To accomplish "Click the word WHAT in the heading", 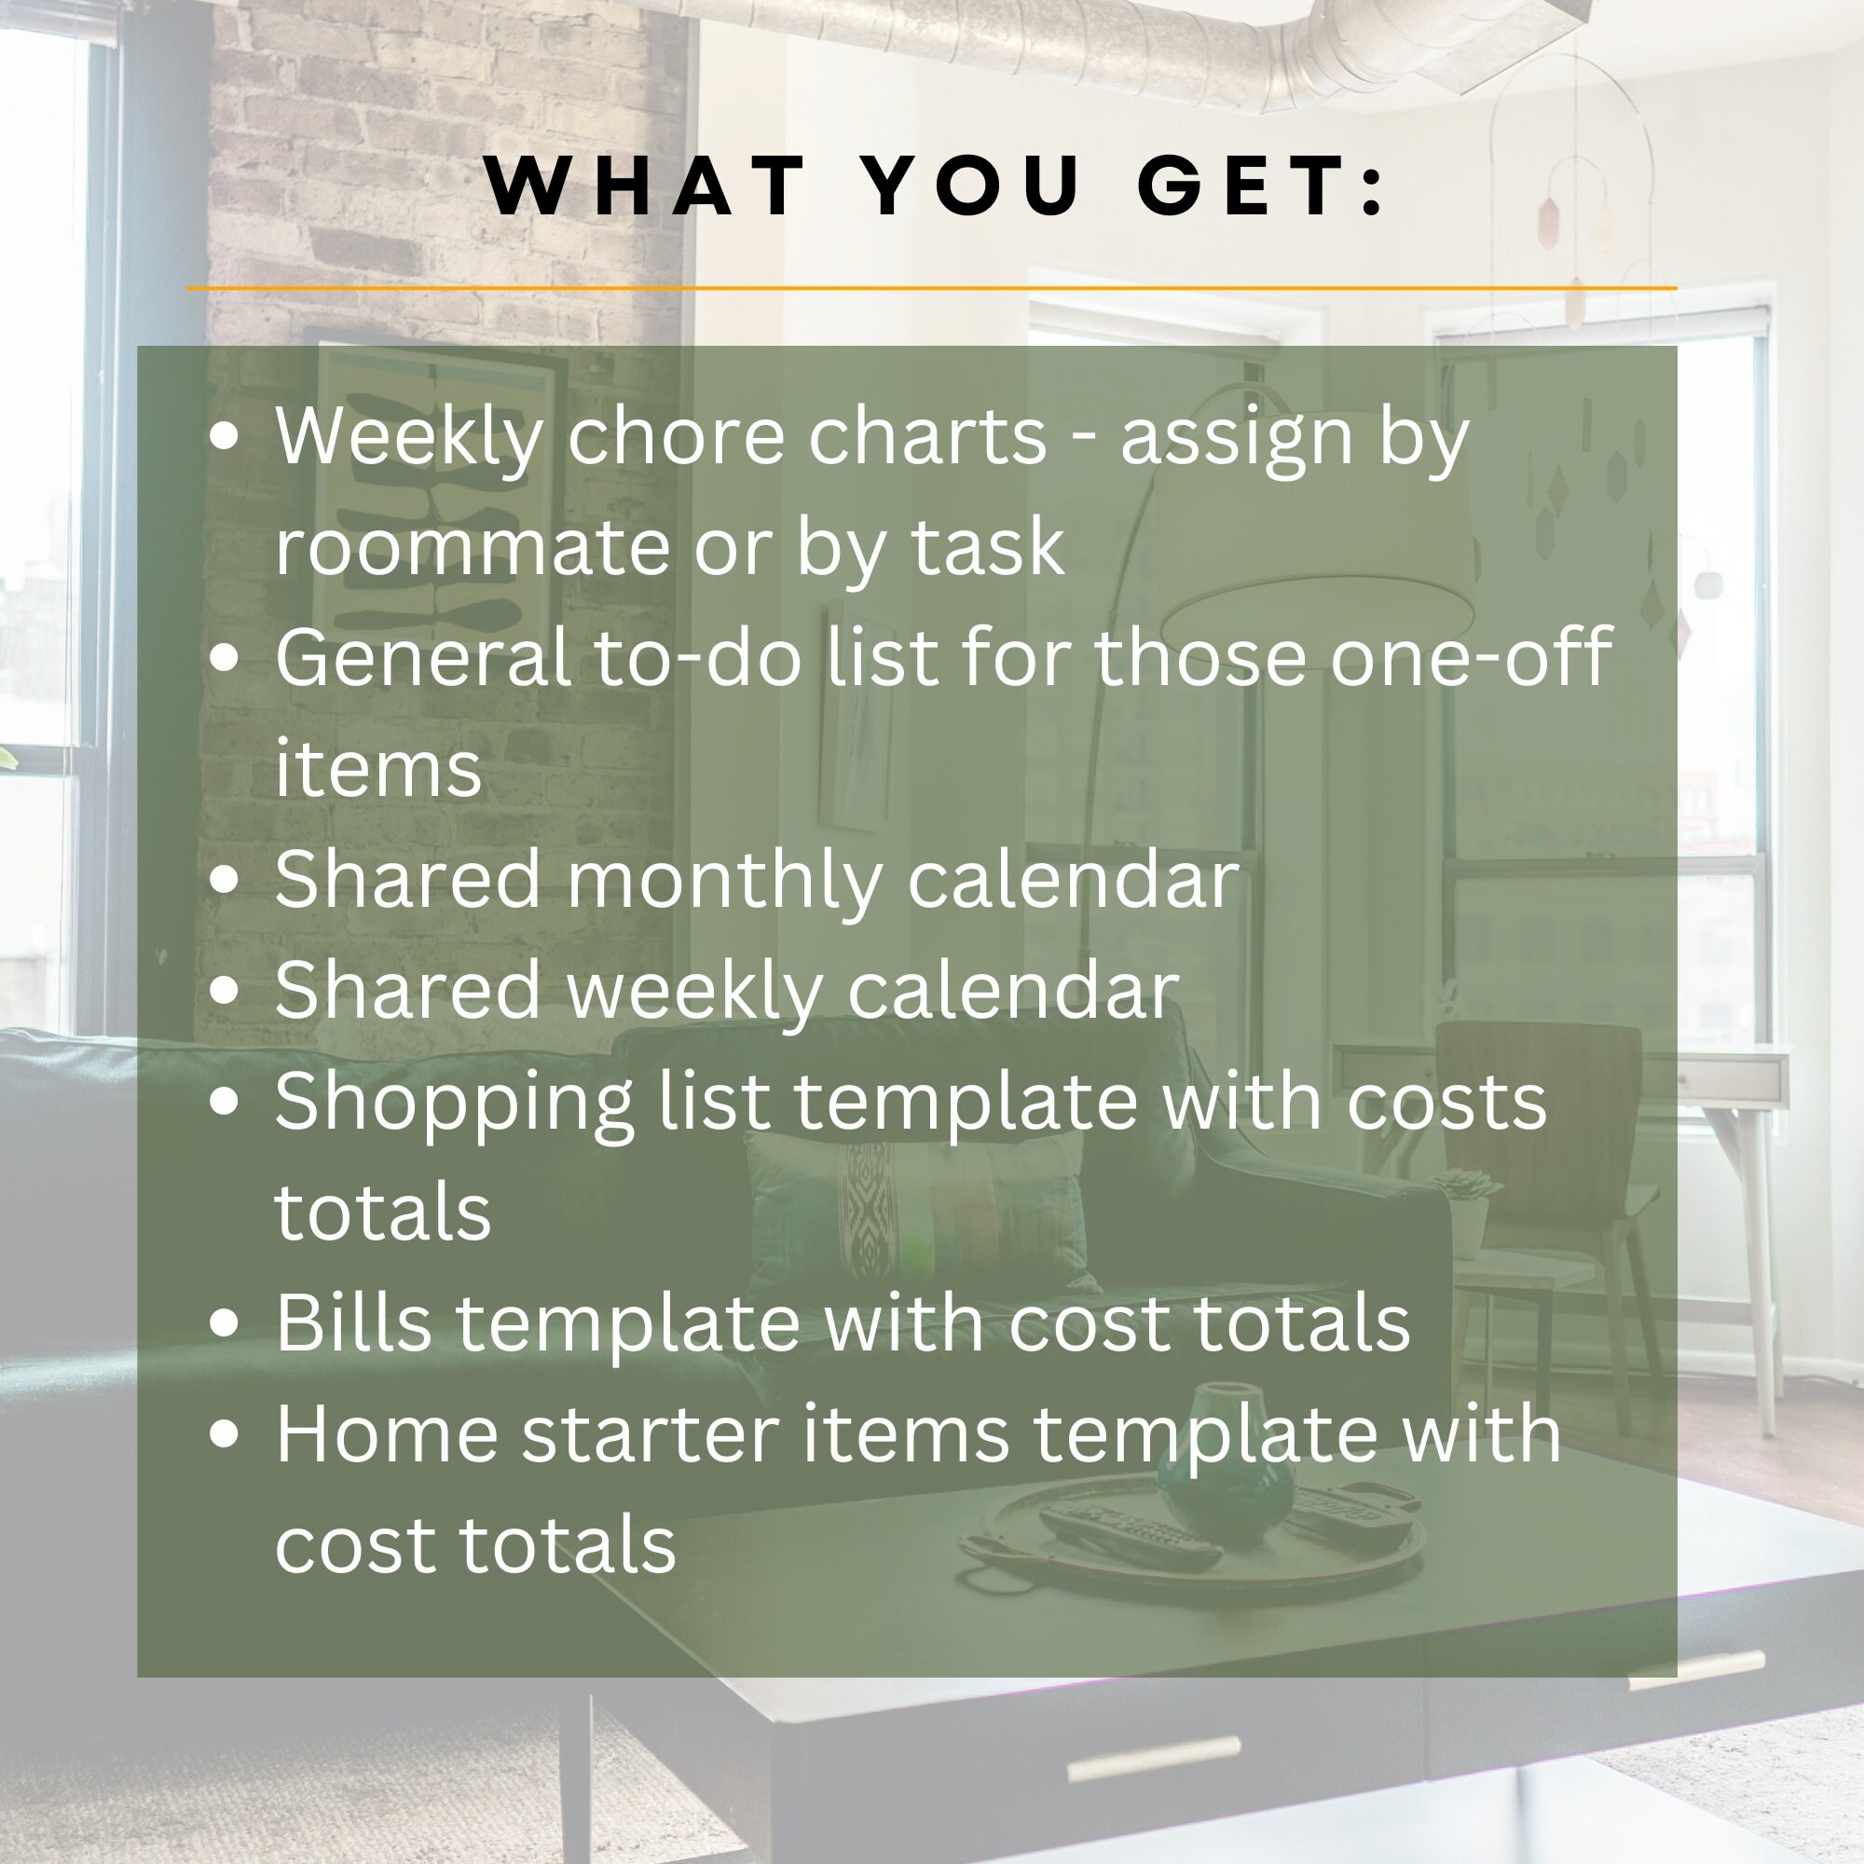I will [646, 185].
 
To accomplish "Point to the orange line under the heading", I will [931, 287].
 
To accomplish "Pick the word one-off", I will [1471, 658].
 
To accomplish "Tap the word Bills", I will [353, 1323].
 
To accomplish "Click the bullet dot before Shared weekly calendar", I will [224, 992].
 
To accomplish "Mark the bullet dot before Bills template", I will [224, 1323].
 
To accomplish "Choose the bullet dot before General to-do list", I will [224, 659].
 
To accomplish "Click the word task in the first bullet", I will [987, 548].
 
